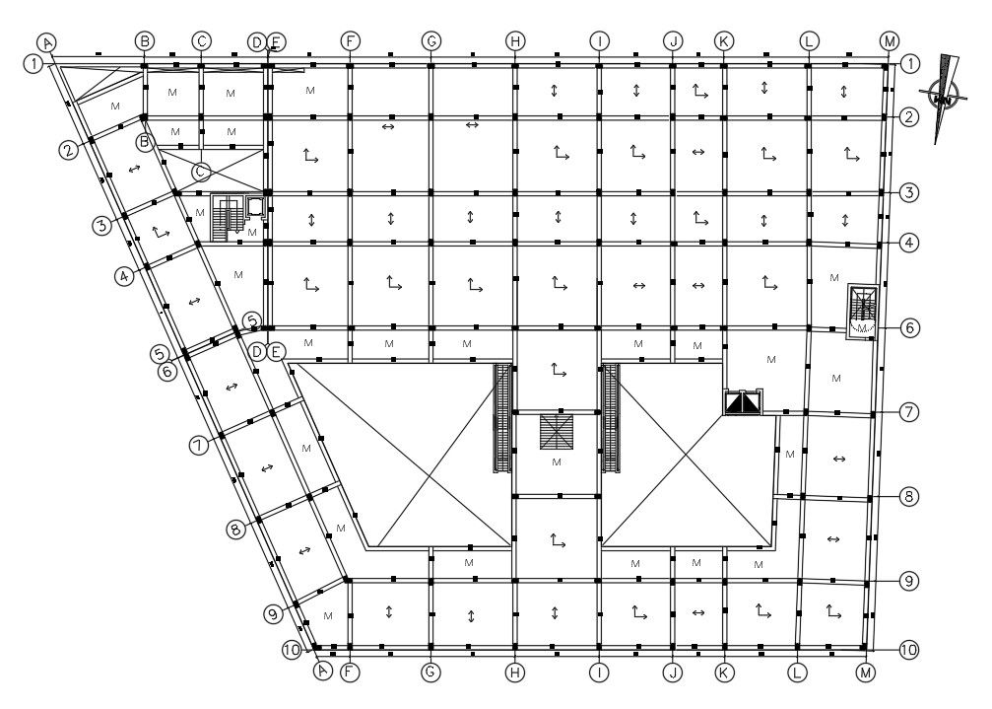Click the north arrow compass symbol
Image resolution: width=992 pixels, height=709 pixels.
click(944, 97)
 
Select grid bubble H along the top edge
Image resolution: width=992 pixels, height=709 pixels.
click(515, 41)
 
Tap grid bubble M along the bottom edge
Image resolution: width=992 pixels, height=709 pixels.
click(866, 673)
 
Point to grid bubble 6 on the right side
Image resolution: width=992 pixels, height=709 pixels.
click(909, 327)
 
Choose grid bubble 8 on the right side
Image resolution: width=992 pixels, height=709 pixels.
click(909, 496)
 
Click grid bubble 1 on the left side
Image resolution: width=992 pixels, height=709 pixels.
click(33, 63)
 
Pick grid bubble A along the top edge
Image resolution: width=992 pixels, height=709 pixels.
click(47, 43)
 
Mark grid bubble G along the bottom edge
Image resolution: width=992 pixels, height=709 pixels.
click(430, 672)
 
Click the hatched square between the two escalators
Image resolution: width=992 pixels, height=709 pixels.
click(557, 432)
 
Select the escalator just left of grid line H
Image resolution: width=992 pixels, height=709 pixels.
click(502, 418)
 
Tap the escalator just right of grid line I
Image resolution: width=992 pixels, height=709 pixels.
click(611, 418)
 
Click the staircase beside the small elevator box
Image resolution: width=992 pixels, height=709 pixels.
click(228, 218)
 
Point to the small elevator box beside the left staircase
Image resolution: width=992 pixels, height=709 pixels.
click(255, 206)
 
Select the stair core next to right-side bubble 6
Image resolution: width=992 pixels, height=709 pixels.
click(862, 311)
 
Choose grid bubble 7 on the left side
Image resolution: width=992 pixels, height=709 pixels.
click(199, 445)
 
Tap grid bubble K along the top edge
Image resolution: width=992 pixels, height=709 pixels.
click(724, 41)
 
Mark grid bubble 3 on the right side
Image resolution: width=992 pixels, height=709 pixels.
click(909, 192)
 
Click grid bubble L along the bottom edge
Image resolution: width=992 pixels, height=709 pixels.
click(797, 672)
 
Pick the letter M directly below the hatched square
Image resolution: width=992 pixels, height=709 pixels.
click(557, 462)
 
